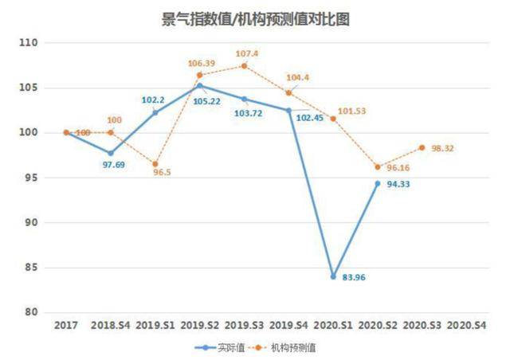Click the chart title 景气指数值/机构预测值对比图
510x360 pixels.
click(x=255, y=20)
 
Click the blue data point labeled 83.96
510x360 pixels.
click(x=333, y=276)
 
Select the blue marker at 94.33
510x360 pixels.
click(x=378, y=183)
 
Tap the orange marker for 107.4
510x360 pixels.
click(x=244, y=65)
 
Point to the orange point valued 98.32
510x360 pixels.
click(x=422, y=147)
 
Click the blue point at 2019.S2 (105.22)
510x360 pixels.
click(x=199, y=85)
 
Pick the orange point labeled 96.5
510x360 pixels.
click(x=155, y=163)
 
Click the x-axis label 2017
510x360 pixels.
click(x=66, y=326)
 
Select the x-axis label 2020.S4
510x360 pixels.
click(x=467, y=326)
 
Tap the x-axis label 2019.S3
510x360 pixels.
click(x=244, y=326)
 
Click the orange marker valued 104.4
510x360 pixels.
click(x=288, y=92)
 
